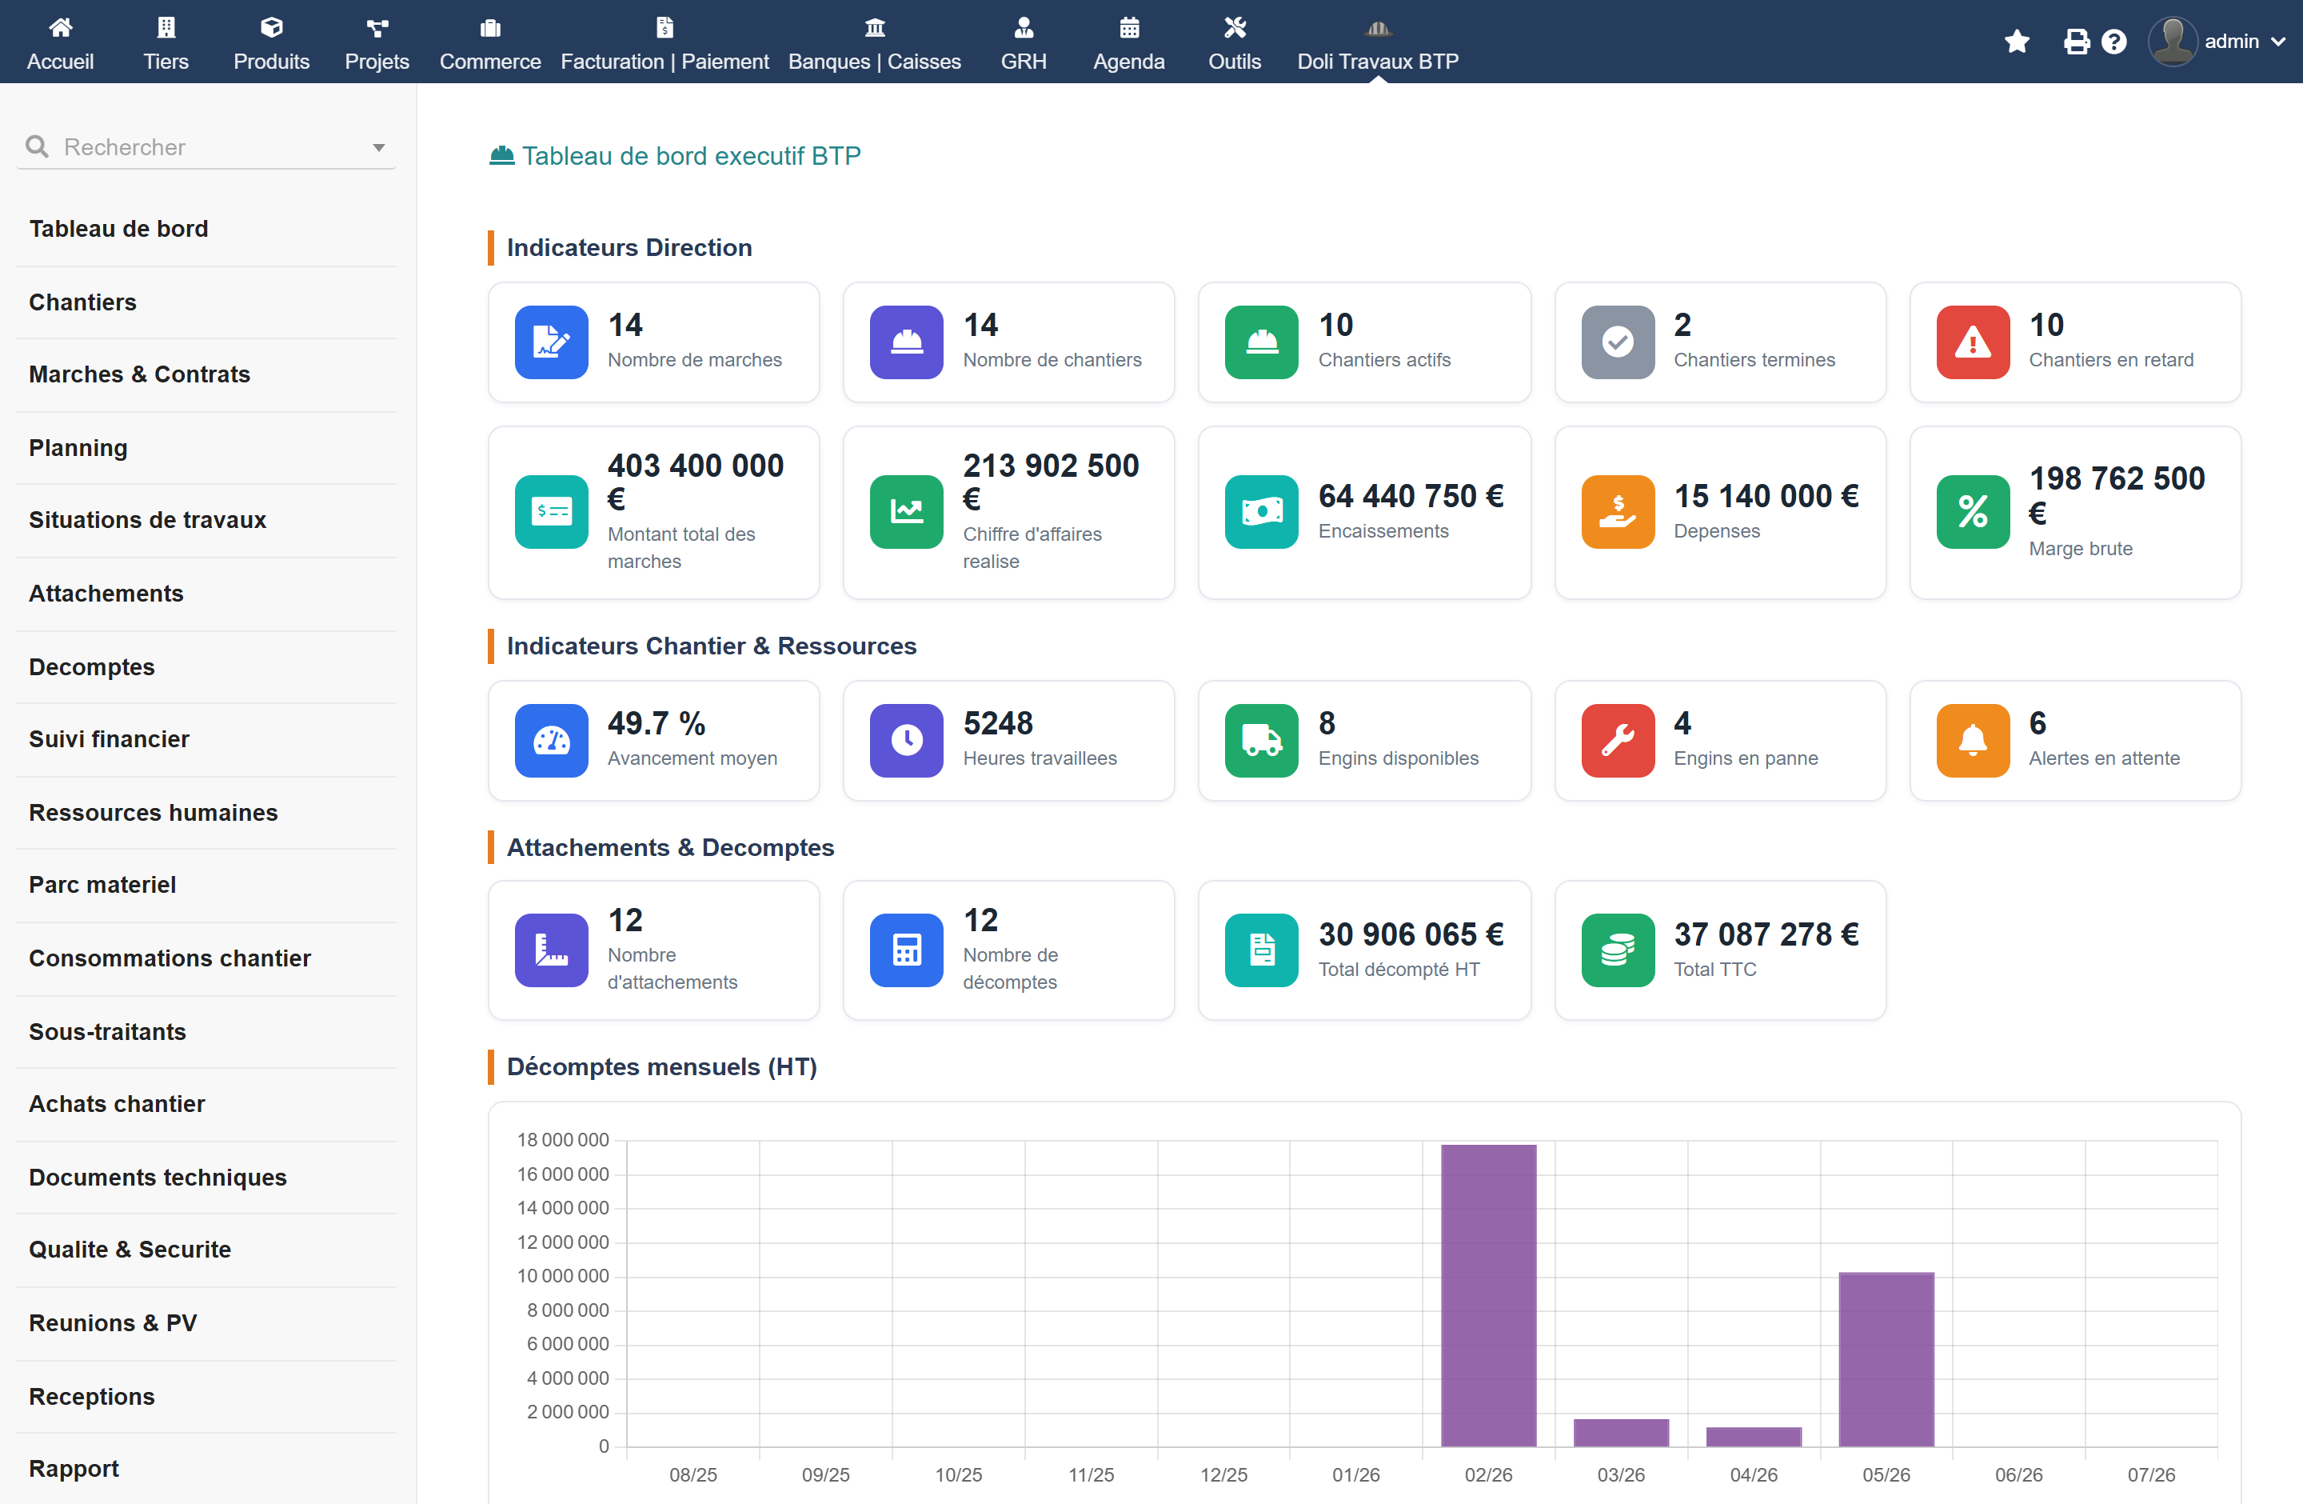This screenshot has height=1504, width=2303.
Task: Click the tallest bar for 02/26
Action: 1488,1295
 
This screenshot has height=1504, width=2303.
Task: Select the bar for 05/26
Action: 1886,1359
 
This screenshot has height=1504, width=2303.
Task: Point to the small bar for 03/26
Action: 1621,1432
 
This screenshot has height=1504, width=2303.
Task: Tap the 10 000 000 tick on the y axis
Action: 562,1275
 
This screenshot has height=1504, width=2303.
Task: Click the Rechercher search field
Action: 206,147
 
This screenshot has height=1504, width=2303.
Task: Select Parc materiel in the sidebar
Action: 102,885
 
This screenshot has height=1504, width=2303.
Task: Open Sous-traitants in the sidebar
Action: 107,1032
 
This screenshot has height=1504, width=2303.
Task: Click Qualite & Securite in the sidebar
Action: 130,1250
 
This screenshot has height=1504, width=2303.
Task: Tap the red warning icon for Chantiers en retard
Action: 1972,342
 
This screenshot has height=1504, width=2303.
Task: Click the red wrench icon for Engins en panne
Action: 1617,740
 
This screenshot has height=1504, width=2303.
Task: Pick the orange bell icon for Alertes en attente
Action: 1972,740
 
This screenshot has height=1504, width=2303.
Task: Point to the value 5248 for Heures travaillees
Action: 998,723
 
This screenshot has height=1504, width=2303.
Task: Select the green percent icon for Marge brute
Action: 1972,512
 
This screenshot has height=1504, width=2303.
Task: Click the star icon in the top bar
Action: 2017,42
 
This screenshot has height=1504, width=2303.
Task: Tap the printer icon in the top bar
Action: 2076,42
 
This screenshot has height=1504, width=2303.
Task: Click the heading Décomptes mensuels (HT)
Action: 662,1066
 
